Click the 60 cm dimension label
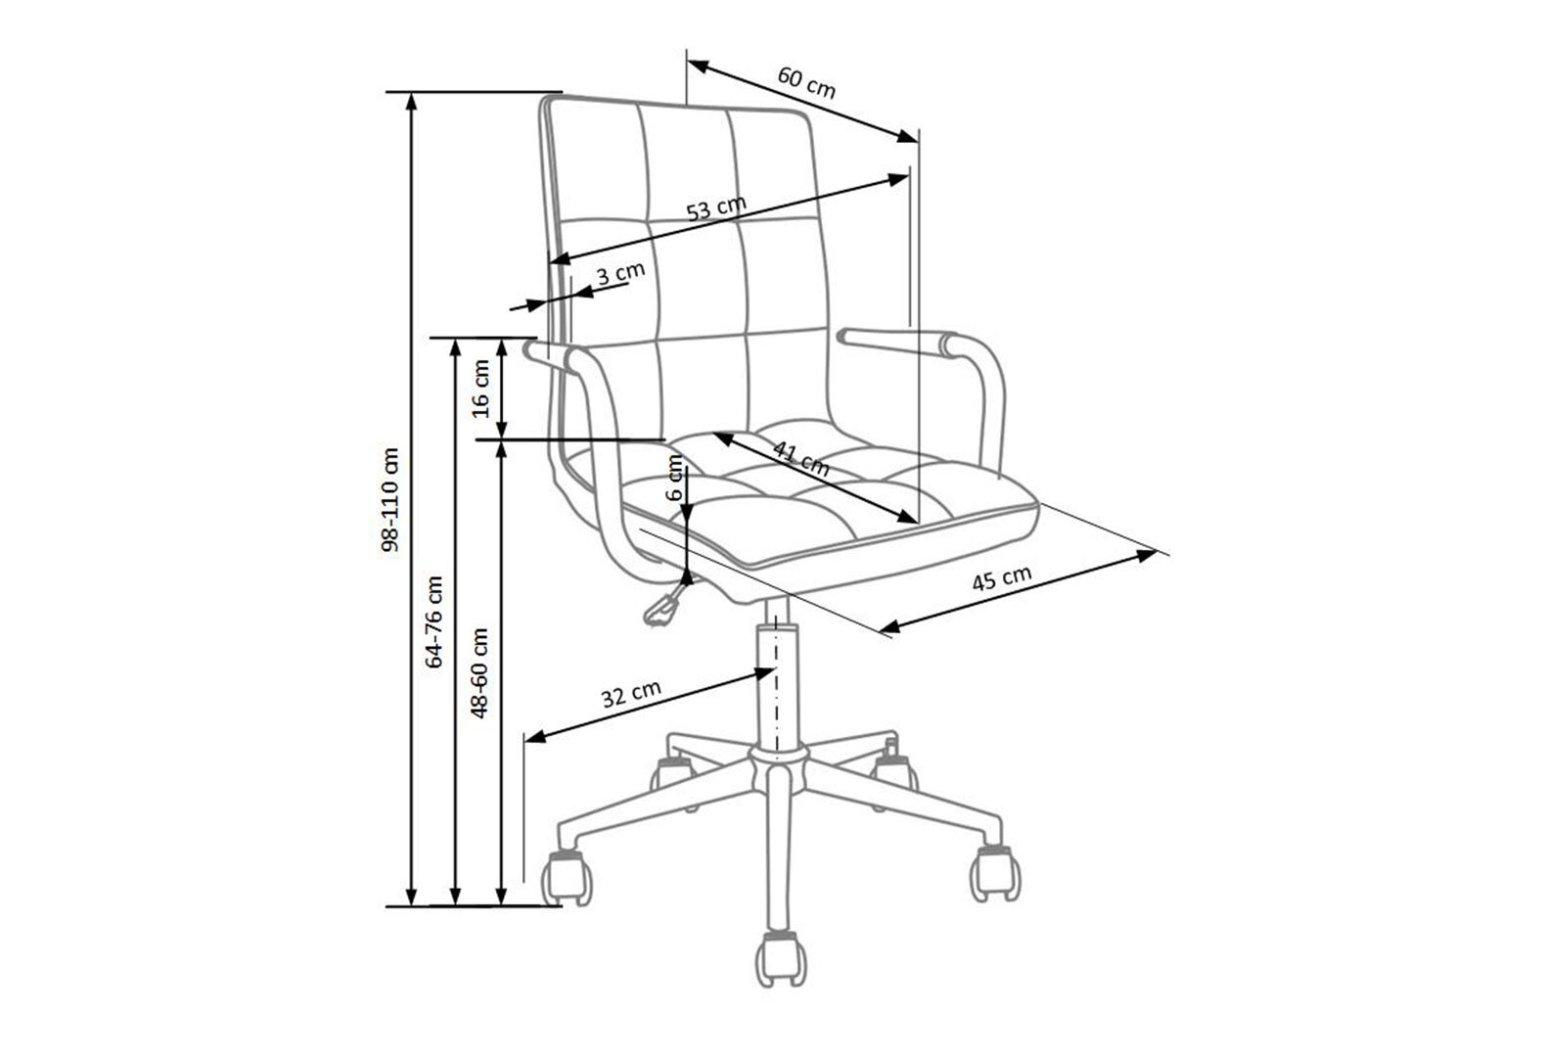[x=806, y=82]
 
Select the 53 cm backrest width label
[x=716, y=207]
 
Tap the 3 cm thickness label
[x=620, y=273]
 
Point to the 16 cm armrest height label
[x=481, y=389]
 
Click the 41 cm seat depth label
[x=801, y=458]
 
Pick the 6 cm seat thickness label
[x=676, y=477]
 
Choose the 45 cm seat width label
[x=1002, y=578]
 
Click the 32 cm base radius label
[x=631, y=693]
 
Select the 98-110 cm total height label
[x=390, y=499]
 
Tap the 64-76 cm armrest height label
[x=434, y=621]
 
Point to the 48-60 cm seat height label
[x=479, y=672]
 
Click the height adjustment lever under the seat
[x=666, y=604]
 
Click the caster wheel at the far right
[x=995, y=872]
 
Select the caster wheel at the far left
[x=567, y=877]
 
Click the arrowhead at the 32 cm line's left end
[x=535, y=737]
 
